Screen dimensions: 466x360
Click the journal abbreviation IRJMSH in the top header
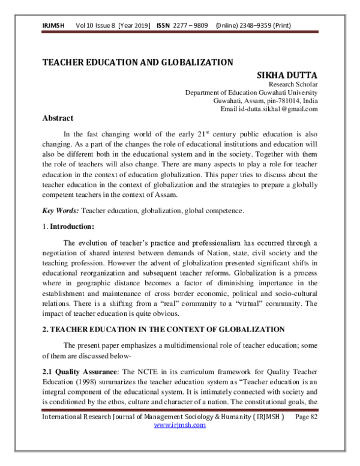[53, 25]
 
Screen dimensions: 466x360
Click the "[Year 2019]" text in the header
[135, 25]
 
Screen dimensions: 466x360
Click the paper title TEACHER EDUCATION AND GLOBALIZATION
[137, 62]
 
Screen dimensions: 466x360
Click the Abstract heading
[58, 119]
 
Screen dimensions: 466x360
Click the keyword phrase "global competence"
[218, 211]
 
